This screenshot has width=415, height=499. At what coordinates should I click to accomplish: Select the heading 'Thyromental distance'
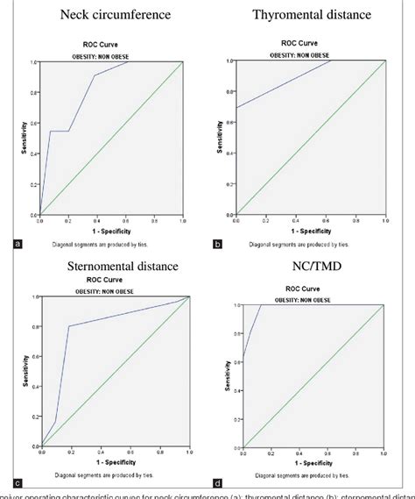[311, 15]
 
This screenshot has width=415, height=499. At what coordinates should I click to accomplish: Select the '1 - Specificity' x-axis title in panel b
[311, 230]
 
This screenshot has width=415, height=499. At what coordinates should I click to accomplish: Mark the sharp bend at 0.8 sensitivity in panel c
[68, 327]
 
